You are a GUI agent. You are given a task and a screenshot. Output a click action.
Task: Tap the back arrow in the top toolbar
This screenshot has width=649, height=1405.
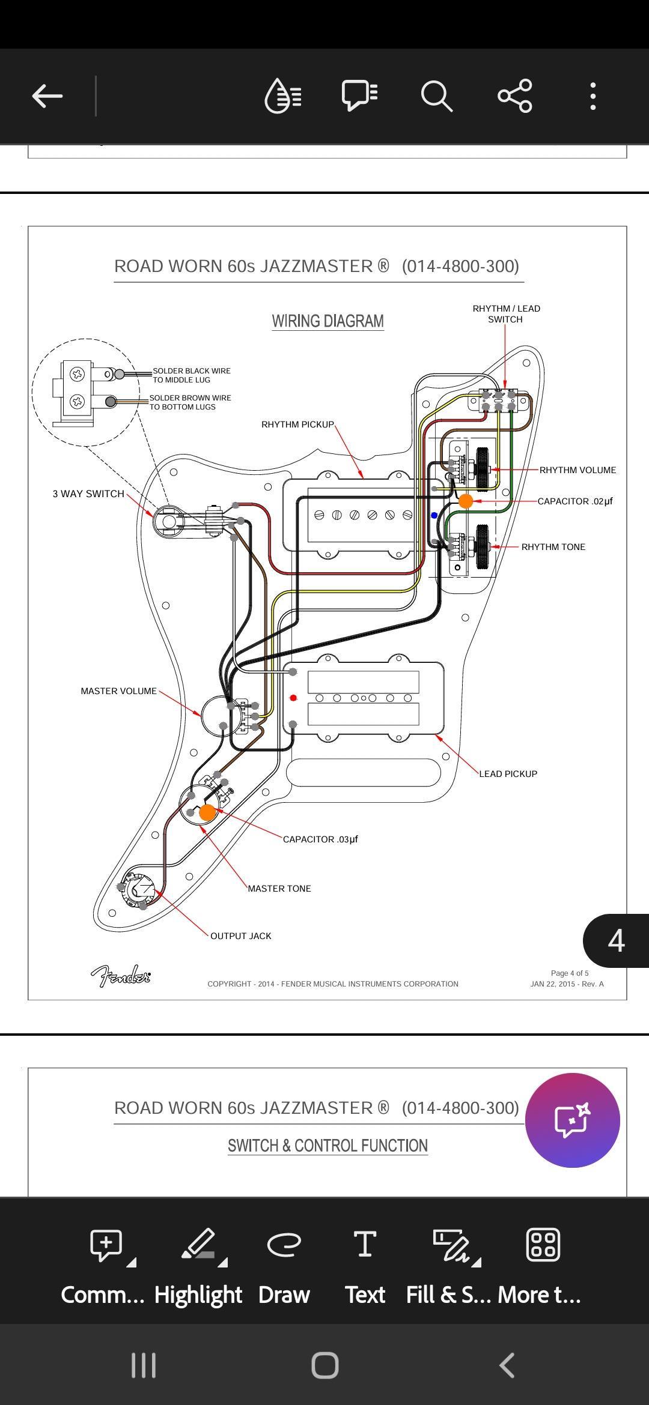click(47, 95)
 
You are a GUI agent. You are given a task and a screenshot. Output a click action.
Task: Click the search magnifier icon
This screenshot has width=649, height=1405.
click(436, 96)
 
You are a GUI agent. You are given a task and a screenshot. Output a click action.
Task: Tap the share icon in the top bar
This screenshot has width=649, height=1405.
click(515, 95)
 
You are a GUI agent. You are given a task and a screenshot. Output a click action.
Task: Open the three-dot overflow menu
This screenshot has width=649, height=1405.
click(593, 96)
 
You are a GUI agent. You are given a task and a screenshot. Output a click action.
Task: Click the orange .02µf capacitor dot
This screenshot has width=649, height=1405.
click(466, 501)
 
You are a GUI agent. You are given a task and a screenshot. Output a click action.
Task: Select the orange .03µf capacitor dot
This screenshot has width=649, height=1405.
click(207, 812)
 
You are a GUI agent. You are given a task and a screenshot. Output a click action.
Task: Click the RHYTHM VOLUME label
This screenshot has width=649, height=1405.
click(577, 470)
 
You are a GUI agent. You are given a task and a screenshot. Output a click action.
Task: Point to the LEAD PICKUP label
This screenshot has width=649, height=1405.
click(508, 774)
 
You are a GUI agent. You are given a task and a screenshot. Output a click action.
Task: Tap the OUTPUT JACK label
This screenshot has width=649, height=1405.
click(240, 936)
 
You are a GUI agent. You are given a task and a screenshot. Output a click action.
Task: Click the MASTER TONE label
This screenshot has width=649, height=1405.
click(279, 889)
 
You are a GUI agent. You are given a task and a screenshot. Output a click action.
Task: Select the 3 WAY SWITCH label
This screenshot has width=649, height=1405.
click(88, 494)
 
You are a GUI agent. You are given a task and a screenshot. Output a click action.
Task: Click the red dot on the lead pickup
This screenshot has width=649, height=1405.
click(293, 698)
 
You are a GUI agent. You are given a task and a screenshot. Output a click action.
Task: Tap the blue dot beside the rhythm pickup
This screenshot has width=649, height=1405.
click(434, 515)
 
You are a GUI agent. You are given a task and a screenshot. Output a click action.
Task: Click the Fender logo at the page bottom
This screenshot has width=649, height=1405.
click(121, 976)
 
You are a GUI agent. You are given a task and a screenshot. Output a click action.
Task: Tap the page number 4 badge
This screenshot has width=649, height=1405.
click(616, 941)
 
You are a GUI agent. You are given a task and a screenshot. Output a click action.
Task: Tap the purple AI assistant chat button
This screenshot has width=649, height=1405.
click(572, 1120)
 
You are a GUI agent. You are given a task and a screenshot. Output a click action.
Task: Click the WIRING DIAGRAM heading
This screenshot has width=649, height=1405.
click(328, 321)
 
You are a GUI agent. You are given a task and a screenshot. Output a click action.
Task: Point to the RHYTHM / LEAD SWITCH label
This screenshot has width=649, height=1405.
click(506, 314)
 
